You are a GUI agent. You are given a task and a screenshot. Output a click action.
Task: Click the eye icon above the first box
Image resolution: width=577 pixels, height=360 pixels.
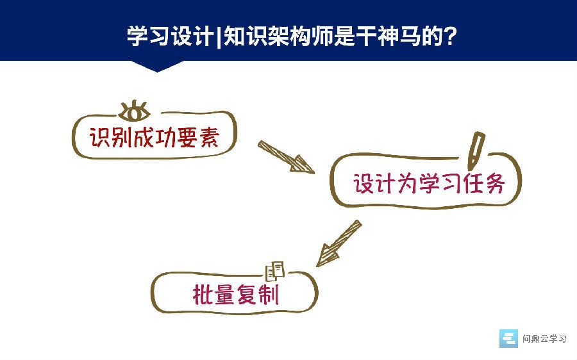pyautogui.click(x=135, y=111)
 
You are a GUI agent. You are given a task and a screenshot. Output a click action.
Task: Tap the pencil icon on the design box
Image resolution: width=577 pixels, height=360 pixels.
pyautogui.click(x=476, y=150)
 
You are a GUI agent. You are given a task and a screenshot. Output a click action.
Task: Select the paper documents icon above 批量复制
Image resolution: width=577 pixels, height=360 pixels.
pyautogui.click(x=275, y=271)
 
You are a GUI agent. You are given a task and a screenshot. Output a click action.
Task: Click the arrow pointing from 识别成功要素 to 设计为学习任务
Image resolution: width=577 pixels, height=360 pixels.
pyautogui.click(x=286, y=157)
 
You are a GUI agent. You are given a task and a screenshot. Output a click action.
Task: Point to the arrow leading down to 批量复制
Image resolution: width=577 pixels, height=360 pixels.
pyautogui.click(x=339, y=243)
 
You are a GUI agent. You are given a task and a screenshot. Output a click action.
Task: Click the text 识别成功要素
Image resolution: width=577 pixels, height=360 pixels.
pyautogui.click(x=155, y=138)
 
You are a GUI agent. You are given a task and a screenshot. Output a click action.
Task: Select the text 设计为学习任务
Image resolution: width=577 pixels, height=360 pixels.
pyautogui.click(x=429, y=183)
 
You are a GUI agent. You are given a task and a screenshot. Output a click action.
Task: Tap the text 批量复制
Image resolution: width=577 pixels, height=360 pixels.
pyautogui.click(x=236, y=294)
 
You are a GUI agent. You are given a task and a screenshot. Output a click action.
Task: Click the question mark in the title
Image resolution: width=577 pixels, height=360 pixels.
pyautogui.click(x=449, y=36)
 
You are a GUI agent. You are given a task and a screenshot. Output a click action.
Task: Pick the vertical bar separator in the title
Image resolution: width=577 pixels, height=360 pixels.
pyautogui.click(x=219, y=36)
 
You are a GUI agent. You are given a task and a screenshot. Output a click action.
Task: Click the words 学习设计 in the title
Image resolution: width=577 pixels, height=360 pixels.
pyautogui.click(x=171, y=36)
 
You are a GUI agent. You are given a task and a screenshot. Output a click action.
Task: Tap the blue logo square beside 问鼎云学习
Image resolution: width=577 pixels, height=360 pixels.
pyautogui.click(x=508, y=338)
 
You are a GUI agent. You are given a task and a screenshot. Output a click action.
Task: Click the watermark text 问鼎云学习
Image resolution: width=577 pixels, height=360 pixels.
pyautogui.click(x=544, y=339)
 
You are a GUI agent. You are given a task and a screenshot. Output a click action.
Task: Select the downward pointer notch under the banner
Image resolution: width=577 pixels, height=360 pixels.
pyautogui.click(x=157, y=66)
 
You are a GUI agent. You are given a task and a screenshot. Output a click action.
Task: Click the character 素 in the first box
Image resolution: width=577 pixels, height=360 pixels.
pyautogui.click(x=210, y=138)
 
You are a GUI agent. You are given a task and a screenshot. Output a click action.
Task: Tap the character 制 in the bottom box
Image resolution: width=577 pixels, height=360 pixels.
pyautogui.click(x=269, y=294)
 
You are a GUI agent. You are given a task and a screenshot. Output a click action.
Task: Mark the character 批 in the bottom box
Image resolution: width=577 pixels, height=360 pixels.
pyautogui.click(x=203, y=294)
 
